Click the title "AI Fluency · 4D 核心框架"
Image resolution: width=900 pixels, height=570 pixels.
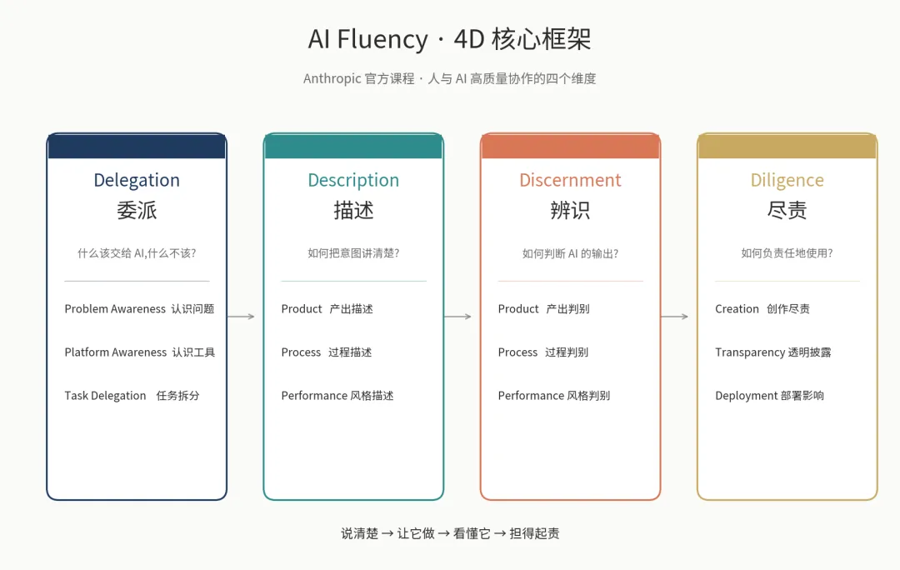click(450, 39)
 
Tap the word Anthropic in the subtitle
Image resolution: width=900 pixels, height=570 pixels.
click(332, 79)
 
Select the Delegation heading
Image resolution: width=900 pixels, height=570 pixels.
click(137, 180)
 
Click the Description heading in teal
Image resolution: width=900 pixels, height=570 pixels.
click(353, 180)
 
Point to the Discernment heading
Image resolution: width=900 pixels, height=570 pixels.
click(570, 180)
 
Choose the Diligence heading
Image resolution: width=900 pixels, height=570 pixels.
click(787, 180)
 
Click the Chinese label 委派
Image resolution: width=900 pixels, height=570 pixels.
click(137, 210)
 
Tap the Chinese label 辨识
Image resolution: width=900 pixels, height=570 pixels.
click(570, 210)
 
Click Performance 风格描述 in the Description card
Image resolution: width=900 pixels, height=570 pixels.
click(337, 396)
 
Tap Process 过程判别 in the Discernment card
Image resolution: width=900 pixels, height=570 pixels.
click(542, 352)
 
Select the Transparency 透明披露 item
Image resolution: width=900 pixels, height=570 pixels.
click(772, 352)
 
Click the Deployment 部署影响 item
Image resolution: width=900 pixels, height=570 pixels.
click(769, 396)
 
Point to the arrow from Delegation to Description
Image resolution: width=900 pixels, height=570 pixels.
click(241, 317)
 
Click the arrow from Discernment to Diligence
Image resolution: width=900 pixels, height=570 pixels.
click(674, 317)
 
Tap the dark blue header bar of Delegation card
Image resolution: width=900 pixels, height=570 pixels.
click(137, 147)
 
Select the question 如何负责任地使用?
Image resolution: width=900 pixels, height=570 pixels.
click(787, 253)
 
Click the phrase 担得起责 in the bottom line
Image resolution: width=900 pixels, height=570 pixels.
click(534, 533)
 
